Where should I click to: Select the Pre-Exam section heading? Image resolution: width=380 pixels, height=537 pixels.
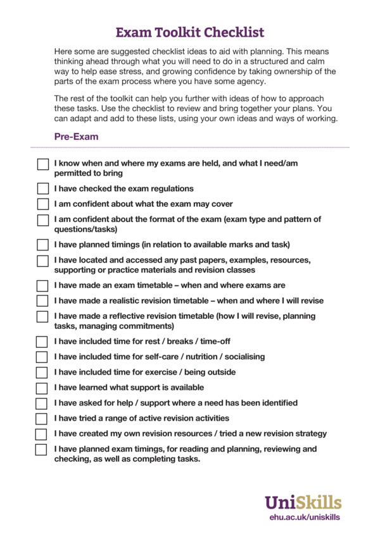pos(76,136)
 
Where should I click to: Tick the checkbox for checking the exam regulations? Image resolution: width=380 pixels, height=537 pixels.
pos(42,188)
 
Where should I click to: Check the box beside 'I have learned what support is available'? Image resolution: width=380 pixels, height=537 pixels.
pos(42,388)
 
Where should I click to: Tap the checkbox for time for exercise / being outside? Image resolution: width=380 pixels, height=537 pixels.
pos(42,373)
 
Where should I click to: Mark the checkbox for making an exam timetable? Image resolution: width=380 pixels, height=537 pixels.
pos(42,286)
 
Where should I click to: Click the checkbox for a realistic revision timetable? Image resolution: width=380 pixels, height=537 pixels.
pos(42,301)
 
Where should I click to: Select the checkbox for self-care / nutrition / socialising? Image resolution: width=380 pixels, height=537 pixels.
pos(42,357)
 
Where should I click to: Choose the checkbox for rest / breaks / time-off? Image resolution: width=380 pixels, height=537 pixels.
pos(42,342)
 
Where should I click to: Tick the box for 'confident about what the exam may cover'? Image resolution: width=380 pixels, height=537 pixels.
pos(42,204)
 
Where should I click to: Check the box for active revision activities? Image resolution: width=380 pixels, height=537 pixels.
pos(42,419)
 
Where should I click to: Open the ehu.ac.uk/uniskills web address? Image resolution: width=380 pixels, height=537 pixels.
pos(305,517)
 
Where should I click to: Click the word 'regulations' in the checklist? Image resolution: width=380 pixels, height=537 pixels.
pos(170,188)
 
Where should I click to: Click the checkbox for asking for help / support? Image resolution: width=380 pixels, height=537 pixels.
pos(42,403)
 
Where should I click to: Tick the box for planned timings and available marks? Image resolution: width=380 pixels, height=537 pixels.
pos(42,245)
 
